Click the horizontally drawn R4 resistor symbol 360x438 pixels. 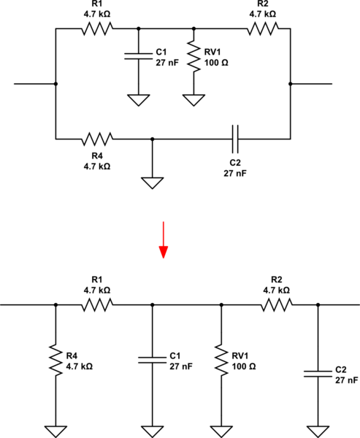pos(97,138)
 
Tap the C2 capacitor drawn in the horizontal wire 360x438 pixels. pos(235,138)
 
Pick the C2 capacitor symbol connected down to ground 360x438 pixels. pos(318,373)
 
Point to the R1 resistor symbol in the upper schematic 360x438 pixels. pos(97,29)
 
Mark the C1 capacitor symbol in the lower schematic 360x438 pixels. pos(152,358)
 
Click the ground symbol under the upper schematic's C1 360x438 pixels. pos(138,100)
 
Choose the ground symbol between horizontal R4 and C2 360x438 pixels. pos(152,182)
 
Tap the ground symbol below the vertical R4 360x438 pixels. pos(55,429)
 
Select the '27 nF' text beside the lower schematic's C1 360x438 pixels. pos(183,366)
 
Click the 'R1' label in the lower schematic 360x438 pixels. pos(97,280)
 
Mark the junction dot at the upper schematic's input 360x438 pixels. pos(55,84)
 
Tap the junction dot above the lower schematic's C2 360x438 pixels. pos(318,304)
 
